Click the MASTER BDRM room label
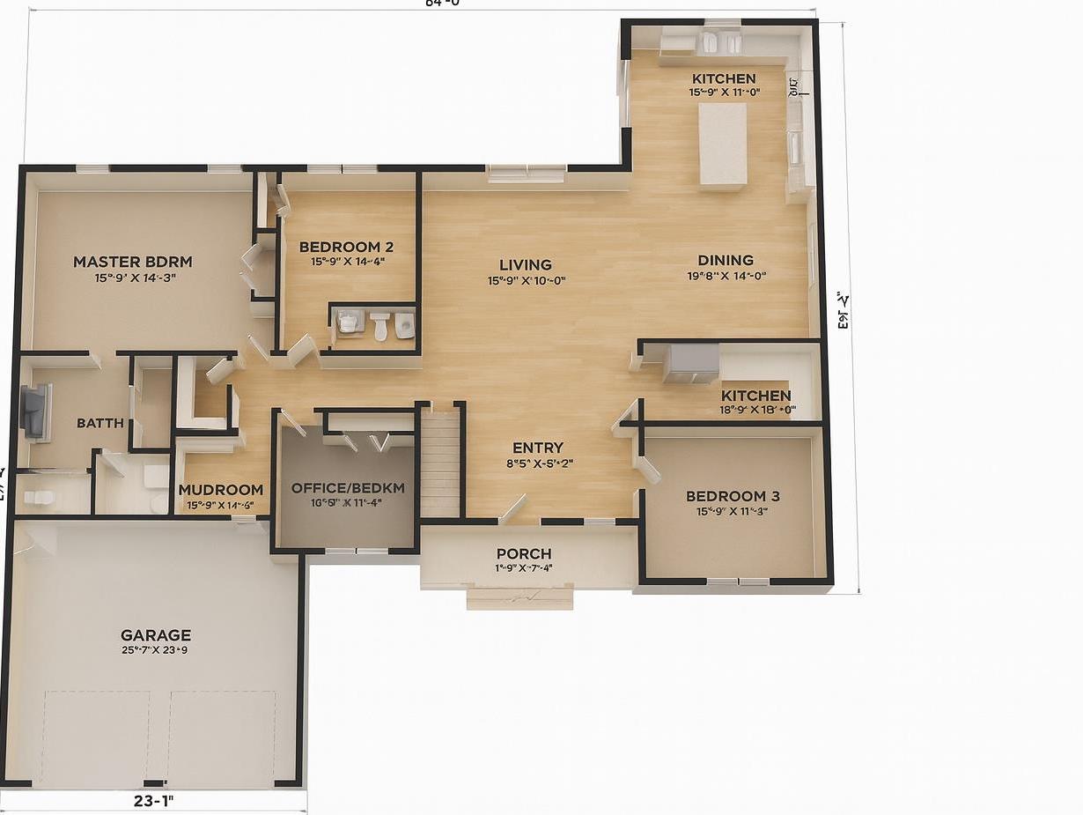pyautogui.click(x=132, y=262)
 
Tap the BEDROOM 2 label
pyautogui.click(x=346, y=247)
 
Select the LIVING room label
pyautogui.click(x=526, y=264)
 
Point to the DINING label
pyautogui.click(x=726, y=260)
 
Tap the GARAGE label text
pyautogui.click(x=156, y=634)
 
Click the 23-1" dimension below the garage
pyautogui.click(x=154, y=801)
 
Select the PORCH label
pyautogui.click(x=524, y=553)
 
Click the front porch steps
pyautogui.click(x=519, y=599)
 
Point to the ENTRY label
pyautogui.click(x=538, y=448)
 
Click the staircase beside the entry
pyautogui.click(x=439, y=467)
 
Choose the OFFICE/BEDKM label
pyautogui.click(x=348, y=488)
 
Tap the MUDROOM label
pyautogui.click(x=220, y=490)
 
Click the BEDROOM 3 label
pyautogui.click(x=733, y=496)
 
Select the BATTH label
pyautogui.click(x=100, y=423)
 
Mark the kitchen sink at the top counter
pyautogui.click(x=721, y=41)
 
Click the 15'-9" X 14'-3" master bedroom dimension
pyautogui.click(x=136, y=278)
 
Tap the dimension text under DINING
pyautogui.click(x=726, y=276)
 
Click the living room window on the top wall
pyautogui.click(x=527, y=173)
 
